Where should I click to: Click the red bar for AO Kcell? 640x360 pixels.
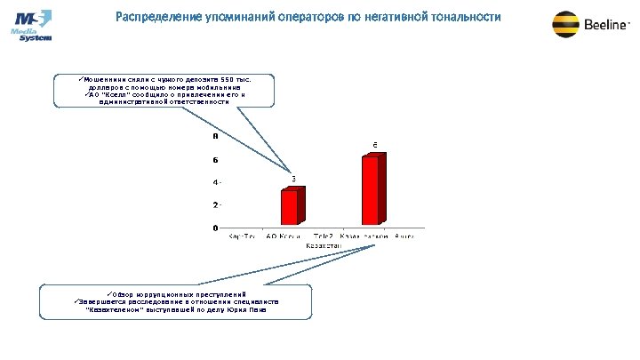point(290,207)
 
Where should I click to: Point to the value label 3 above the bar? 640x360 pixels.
point(293,180)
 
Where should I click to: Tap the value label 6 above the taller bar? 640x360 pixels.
point(375,145)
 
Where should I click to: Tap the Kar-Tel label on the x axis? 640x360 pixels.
point(243,236)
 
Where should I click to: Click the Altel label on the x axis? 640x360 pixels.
point(404,236)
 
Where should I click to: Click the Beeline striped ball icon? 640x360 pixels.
point(567,25)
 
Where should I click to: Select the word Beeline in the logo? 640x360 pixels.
point(606,26)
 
